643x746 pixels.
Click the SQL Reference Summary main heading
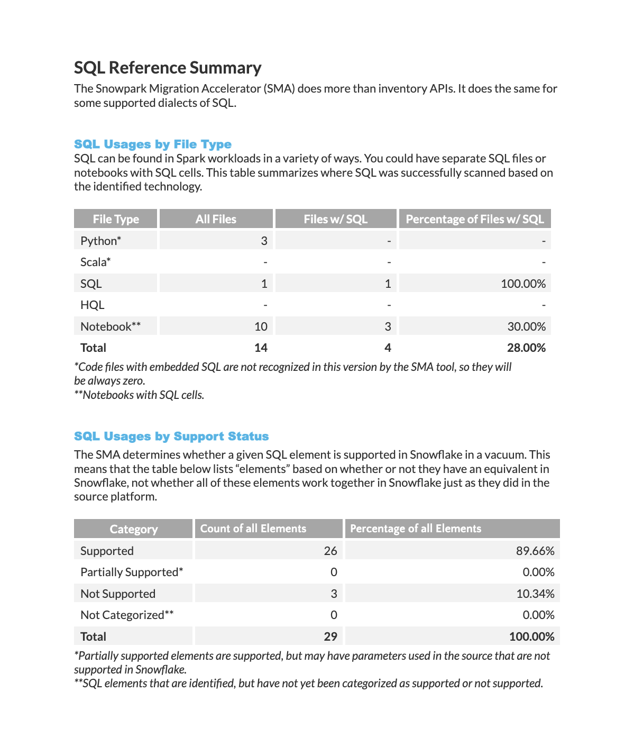[x=167, y=68]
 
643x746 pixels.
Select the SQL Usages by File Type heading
[x=152, y=144]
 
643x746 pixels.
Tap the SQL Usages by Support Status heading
[x=171, y=436]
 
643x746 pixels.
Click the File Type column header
[x=115, y=219]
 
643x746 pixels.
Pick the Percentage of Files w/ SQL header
[x=474, y=219]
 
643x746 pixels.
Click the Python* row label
[x=100, y=241]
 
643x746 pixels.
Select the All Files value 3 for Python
[x=264, y=241]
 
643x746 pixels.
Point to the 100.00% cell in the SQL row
[x=523, y=284]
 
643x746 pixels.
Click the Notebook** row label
[x=111, y=326]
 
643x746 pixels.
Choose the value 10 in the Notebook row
[x=261, y=326]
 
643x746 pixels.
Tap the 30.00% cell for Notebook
[x=526, y=326]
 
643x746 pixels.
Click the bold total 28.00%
[x=526, y=348]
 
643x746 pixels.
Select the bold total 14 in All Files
[x=261, y=348]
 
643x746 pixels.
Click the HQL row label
[x=92, y=305]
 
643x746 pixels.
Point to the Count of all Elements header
[x=253, y=529]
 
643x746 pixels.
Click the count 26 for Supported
[x=330, y=551]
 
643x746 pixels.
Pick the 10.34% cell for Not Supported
[x=535, y=594]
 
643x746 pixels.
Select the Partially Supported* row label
[x=132, y=572]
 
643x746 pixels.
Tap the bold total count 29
[x=330, y=636]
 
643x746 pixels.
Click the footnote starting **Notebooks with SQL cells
[x=139, y=395]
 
